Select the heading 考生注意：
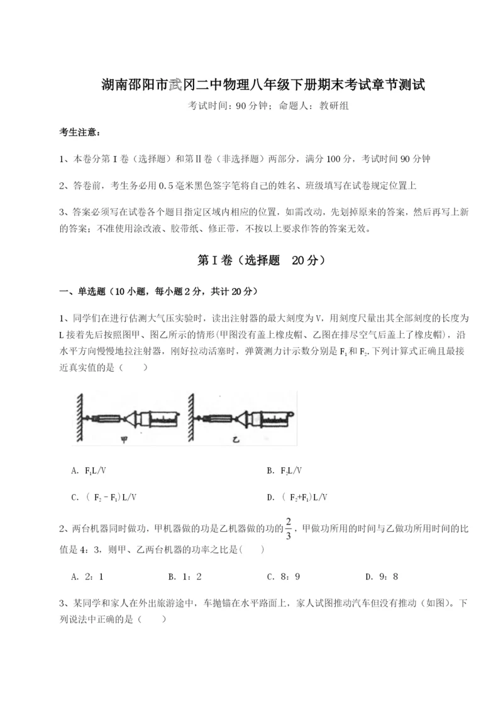click(80, 133)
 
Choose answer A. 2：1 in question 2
click(87, 576)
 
